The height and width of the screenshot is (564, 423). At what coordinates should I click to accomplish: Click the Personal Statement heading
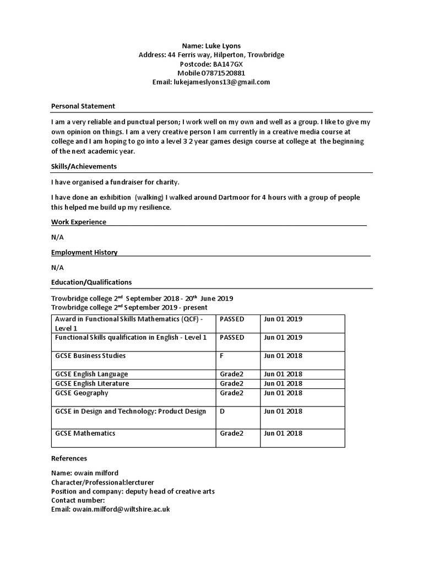tap(83, 106)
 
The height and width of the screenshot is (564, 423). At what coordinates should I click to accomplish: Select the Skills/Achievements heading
tap(84, 166)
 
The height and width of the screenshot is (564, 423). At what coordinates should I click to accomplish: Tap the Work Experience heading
tap(79, 222)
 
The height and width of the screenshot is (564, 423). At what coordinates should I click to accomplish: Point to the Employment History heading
tap(84, 252)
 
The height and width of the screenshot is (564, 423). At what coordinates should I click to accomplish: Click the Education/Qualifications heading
tap(91, 282)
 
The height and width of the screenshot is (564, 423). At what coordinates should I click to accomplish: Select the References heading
tap(69, 458)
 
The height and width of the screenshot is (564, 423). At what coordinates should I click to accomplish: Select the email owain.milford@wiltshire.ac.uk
tap(121, 509)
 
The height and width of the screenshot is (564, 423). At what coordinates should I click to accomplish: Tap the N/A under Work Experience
tap(57, 237)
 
